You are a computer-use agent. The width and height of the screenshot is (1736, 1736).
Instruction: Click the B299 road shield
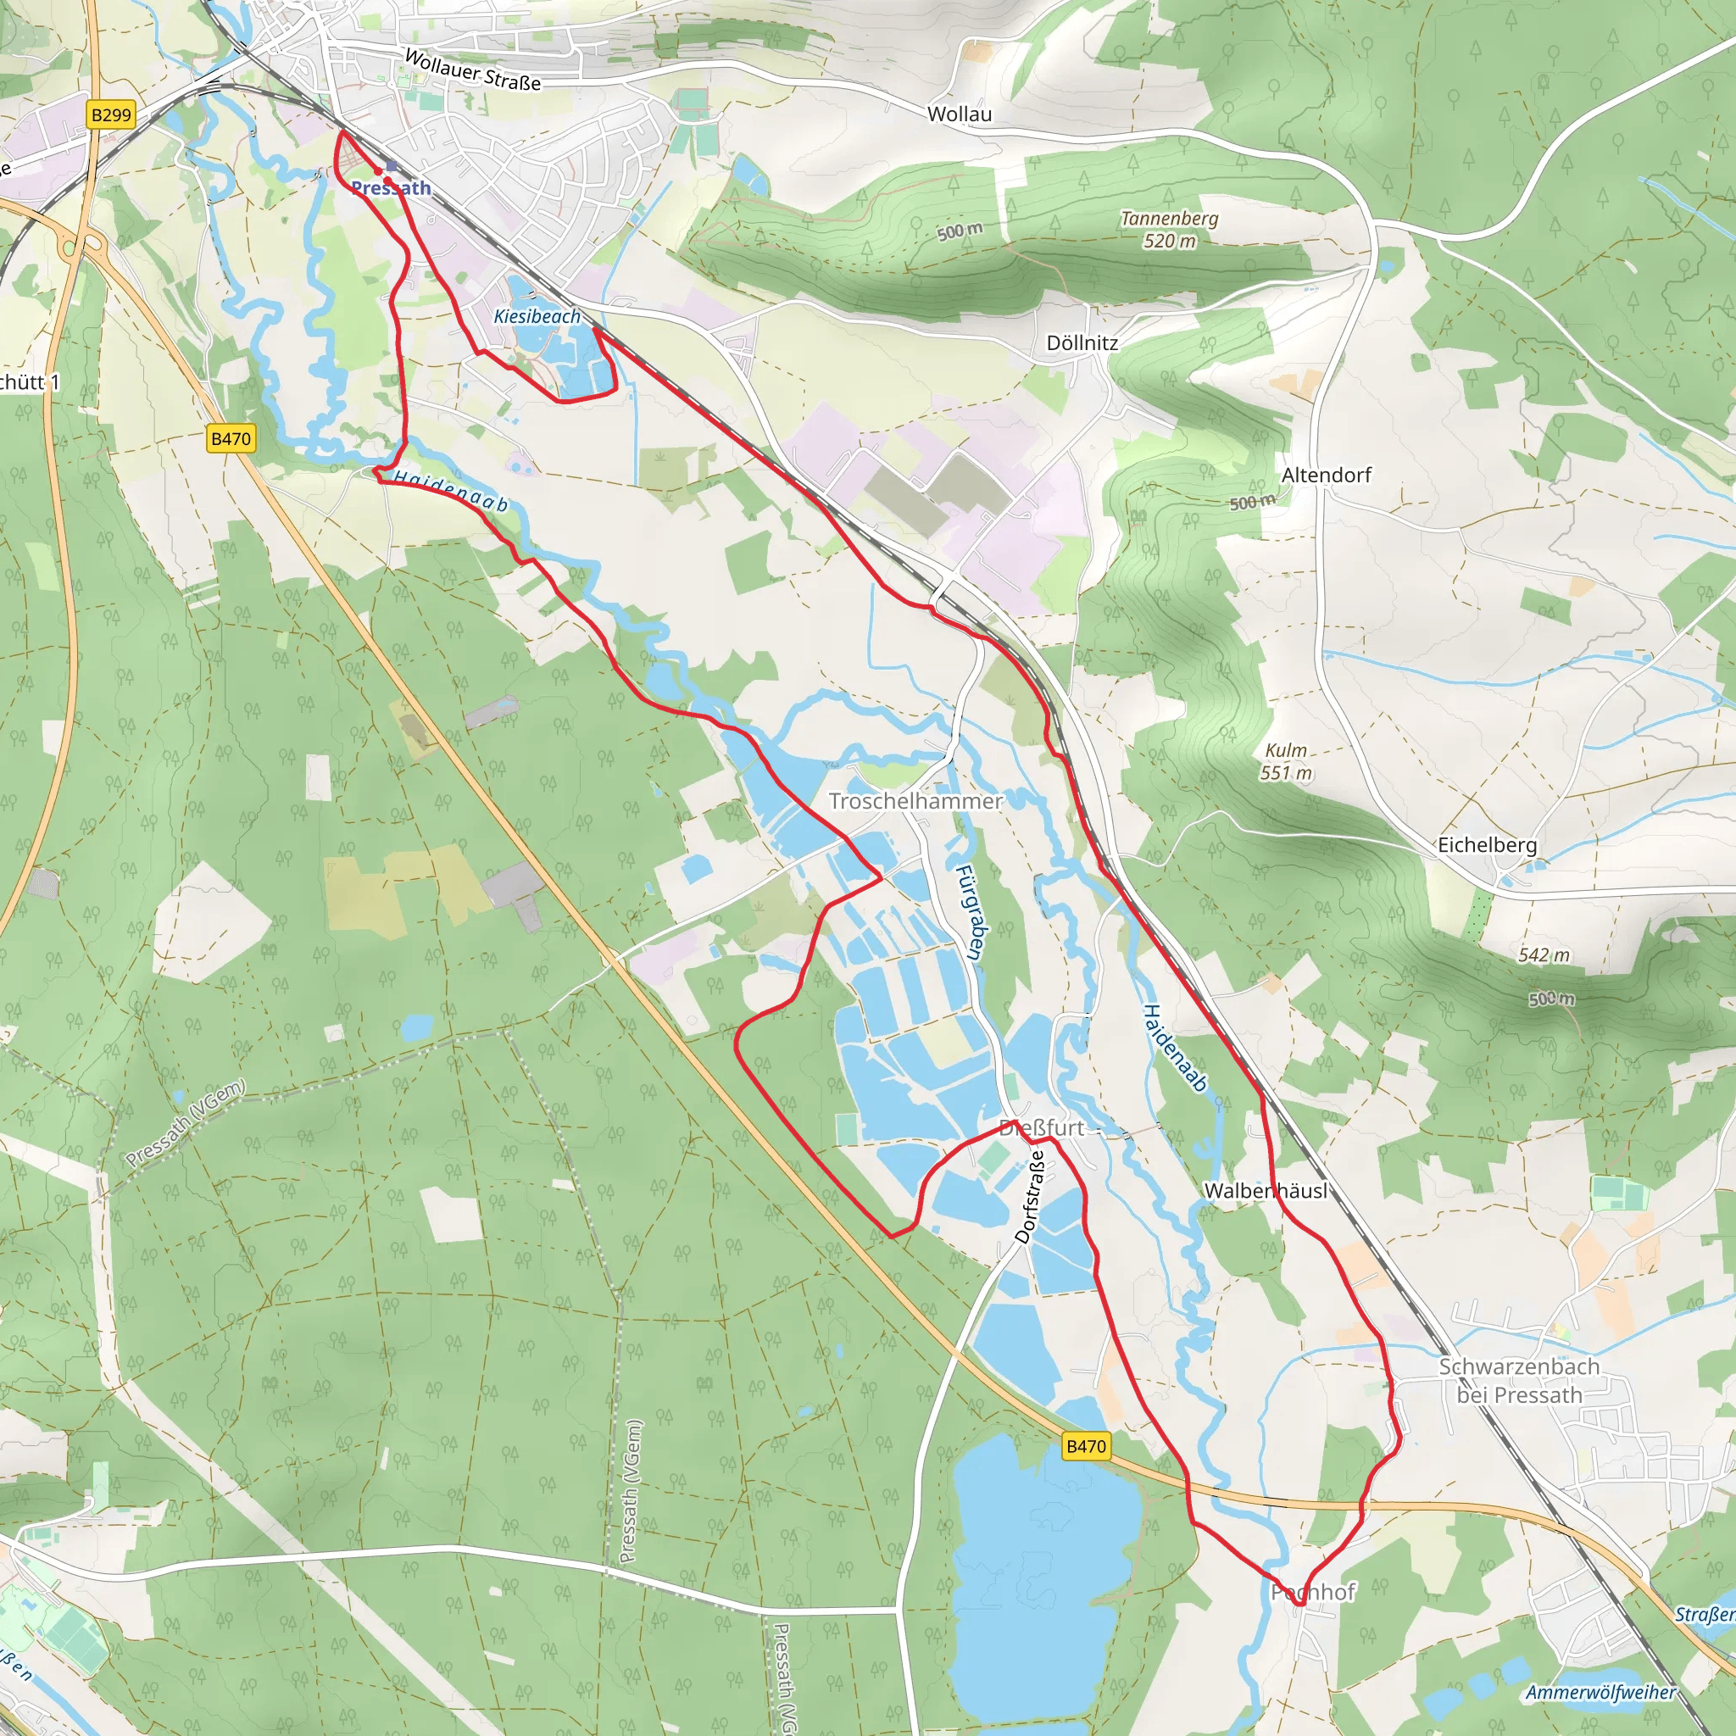[x=111, y=115]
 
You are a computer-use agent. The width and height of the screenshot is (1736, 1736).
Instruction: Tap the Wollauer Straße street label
[x=473, y=70]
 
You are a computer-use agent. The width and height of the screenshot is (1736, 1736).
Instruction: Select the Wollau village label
[x=960, y=114]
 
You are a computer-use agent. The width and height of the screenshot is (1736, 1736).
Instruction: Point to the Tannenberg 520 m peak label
[x=1169, y=229]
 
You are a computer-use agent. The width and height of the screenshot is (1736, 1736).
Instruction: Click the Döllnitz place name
[x=1082, y=343]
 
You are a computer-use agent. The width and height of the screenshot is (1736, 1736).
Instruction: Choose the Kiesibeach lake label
[x=537, y=316]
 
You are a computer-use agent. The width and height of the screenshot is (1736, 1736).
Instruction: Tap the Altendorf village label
[x=1327, y=476]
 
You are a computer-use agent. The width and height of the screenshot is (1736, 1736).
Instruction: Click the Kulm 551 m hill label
[x=1286, y=761]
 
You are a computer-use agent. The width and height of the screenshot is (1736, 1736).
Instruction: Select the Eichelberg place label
[x=1487, y=844]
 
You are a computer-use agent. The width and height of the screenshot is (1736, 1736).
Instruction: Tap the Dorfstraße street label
[x=1031, y=1197]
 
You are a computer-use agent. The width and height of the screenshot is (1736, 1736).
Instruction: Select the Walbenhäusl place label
[x=1266, y=1191]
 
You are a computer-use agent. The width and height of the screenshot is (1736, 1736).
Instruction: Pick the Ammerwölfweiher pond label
[x=1600, y=1693]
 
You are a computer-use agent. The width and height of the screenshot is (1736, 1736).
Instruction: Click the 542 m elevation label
[x=1544, y=955]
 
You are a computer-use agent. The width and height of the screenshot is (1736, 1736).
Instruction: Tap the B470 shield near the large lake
[x=1086, y=1446]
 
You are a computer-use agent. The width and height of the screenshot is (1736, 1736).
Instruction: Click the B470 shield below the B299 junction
[x=231, y=438]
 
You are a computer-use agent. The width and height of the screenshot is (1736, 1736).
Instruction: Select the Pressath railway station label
[x=391, y=188]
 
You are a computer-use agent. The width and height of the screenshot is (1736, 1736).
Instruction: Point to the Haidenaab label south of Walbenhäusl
[x=1174, y=1048]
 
